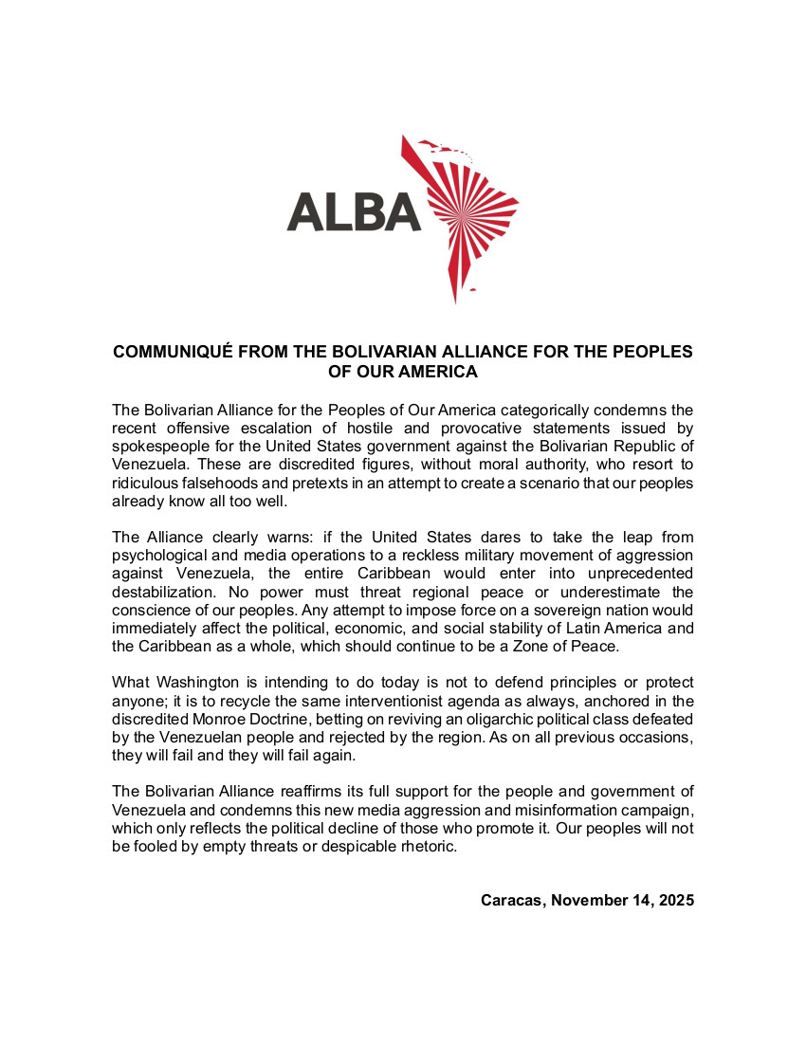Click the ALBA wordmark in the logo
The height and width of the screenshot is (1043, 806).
(354, 211)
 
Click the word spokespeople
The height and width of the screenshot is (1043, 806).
(156, 446)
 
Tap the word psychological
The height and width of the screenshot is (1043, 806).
(162, 555)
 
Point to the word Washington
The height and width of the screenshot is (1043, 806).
(200, 683)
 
